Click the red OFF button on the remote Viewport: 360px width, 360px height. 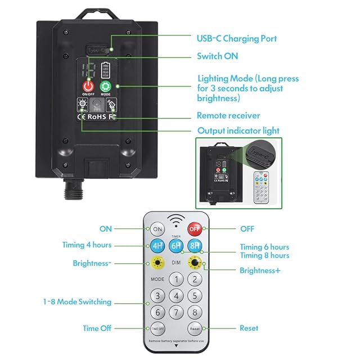pos(195,228)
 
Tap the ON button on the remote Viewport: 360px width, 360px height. pos(157,229)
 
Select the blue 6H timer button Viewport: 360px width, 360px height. pos(177,246)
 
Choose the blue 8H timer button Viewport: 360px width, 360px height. pos(195,246)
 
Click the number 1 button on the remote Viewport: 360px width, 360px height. pos(177,279)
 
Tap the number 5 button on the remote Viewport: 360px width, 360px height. pos(195,296)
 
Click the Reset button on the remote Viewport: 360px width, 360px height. pos(195,328)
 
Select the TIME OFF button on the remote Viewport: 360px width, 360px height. pos(157,328)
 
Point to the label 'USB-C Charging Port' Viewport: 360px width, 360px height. pos(236,39)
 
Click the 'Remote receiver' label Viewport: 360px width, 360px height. pos(228,115)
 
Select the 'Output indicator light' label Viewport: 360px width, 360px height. pos(238,130)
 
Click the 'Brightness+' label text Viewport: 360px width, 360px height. pos(260,271)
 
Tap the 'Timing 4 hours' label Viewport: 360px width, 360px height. pos(87,245)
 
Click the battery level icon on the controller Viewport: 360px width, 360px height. pos(106,71)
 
